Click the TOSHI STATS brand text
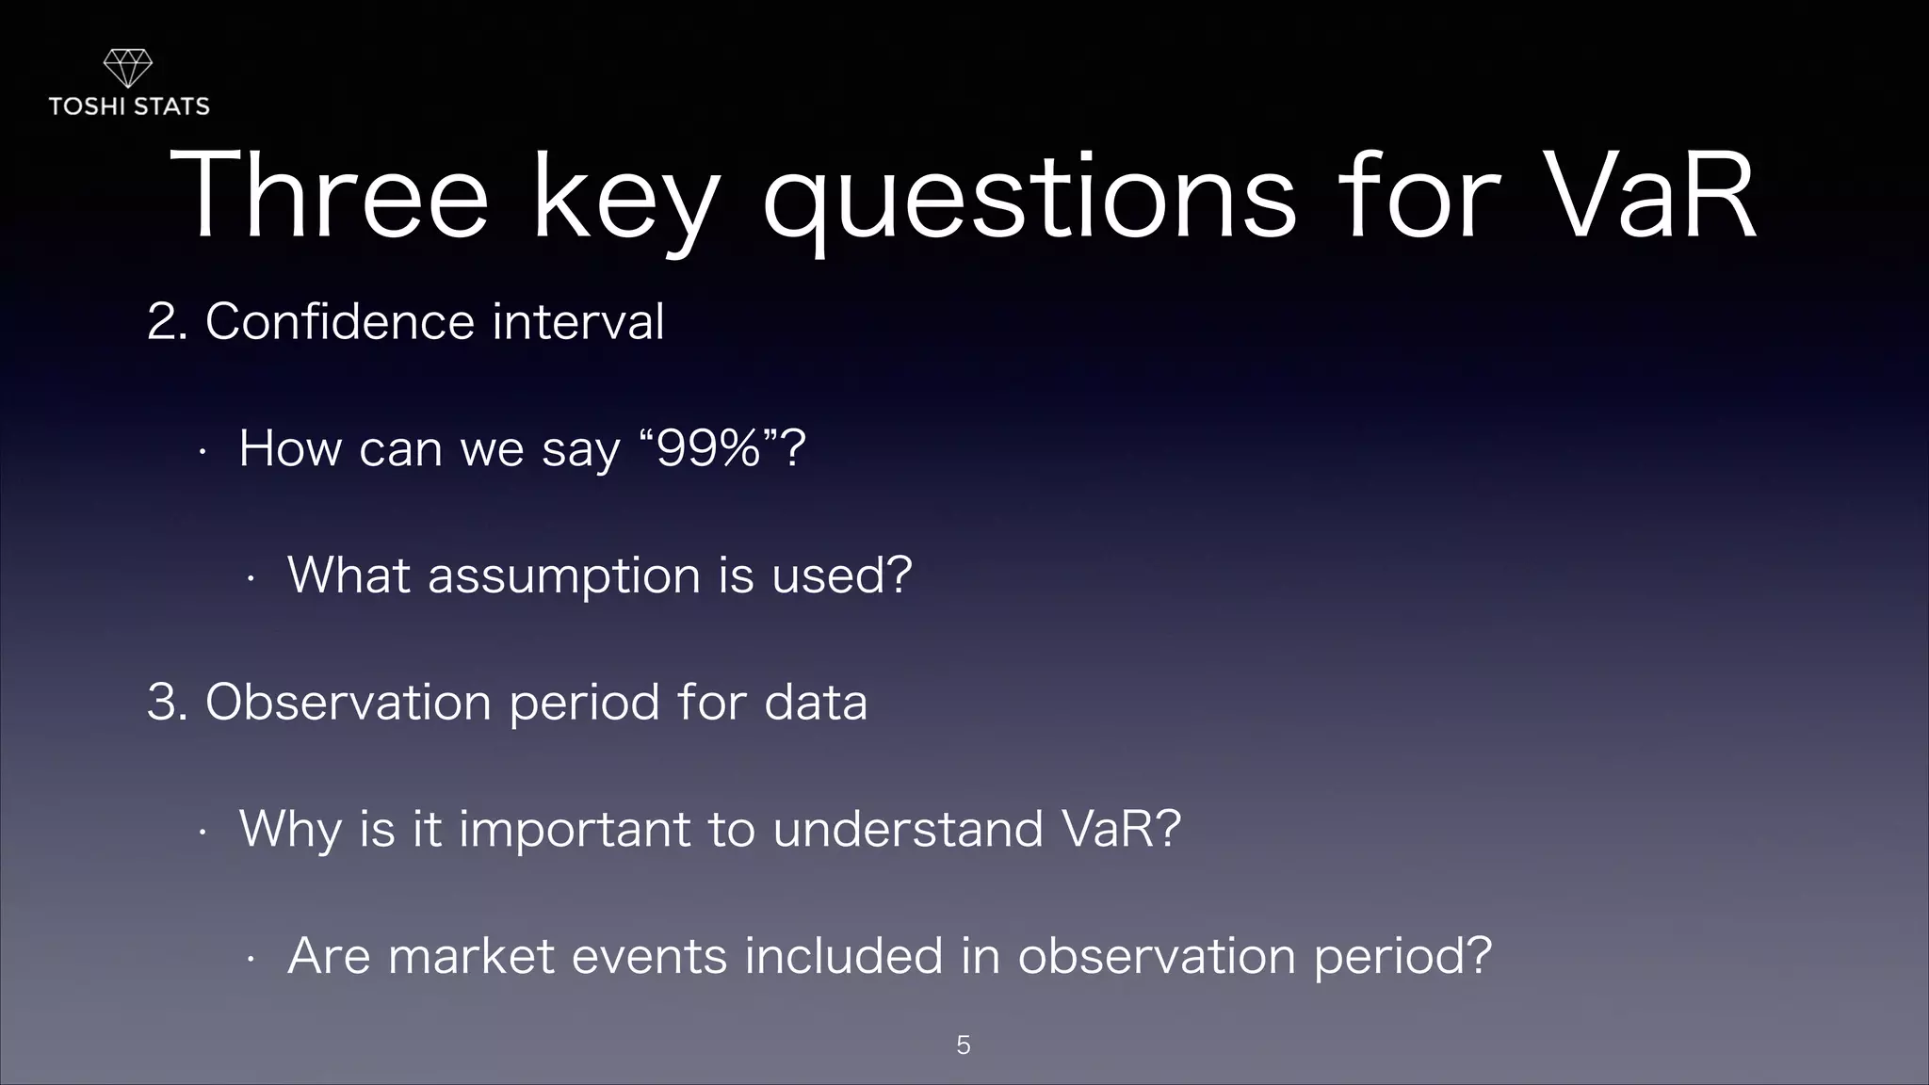point(129,106)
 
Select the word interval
point(577,322)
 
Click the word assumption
point(564,575)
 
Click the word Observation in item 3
point(348,703)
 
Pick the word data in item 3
point(815,703)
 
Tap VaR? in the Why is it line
point(1121,829)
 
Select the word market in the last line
point(471,956)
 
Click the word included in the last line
point(843,956)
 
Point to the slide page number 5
point(963,1045)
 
